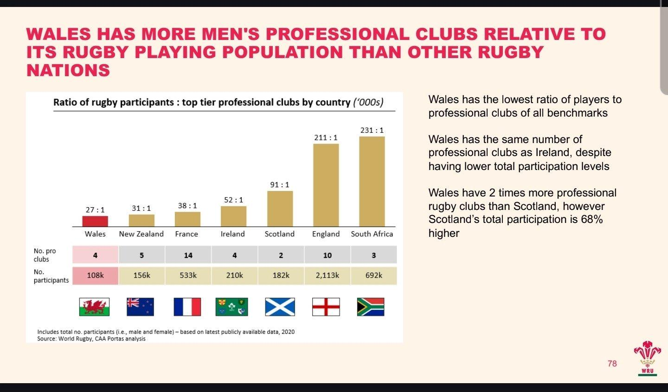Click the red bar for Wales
(95, 221)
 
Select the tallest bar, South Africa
(372, 181)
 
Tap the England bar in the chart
(326, 185)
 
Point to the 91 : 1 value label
(280, 185)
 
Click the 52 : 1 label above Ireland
(233, 200)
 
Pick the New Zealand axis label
(141, 234)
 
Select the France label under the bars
(186, 234)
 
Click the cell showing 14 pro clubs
(188, 255)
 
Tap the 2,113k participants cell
(327, 275)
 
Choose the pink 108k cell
(95, 275)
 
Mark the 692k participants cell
(373, 275)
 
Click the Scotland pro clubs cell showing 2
(281, 255)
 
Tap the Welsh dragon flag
(94, 307)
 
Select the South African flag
(370, 307)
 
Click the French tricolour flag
(187, 307)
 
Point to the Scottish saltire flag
(280, 307)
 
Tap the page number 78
(612, 364)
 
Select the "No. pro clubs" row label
(45, 255)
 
